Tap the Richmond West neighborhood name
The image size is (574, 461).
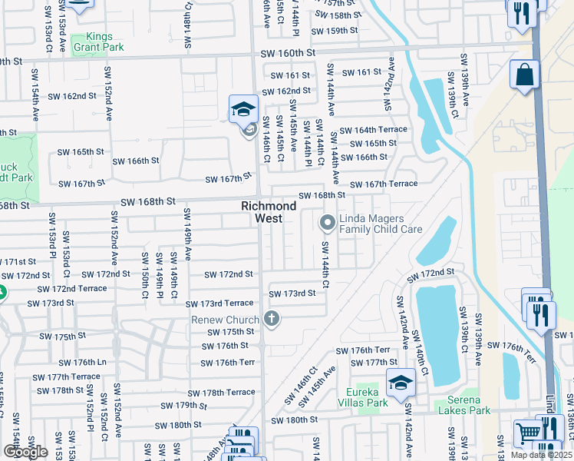click(x=269, y=213)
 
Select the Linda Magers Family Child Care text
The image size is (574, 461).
click(x=381, y=224)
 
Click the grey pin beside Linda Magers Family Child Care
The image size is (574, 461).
click(x=328, y=223)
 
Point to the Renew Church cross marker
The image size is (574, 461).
click(x=270, y=318)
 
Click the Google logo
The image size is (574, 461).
click(x=25, y=452)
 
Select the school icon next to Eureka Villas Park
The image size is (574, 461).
click(x=401, y=383)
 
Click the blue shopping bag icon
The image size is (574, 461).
click(x=525, y=75)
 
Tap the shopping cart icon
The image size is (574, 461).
click(x=527, y=433)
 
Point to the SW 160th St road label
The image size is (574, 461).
click(x=288, y=53)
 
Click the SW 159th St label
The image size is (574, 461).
click(x=335, y=32)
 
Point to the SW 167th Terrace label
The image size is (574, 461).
click(x=384, y=184)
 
